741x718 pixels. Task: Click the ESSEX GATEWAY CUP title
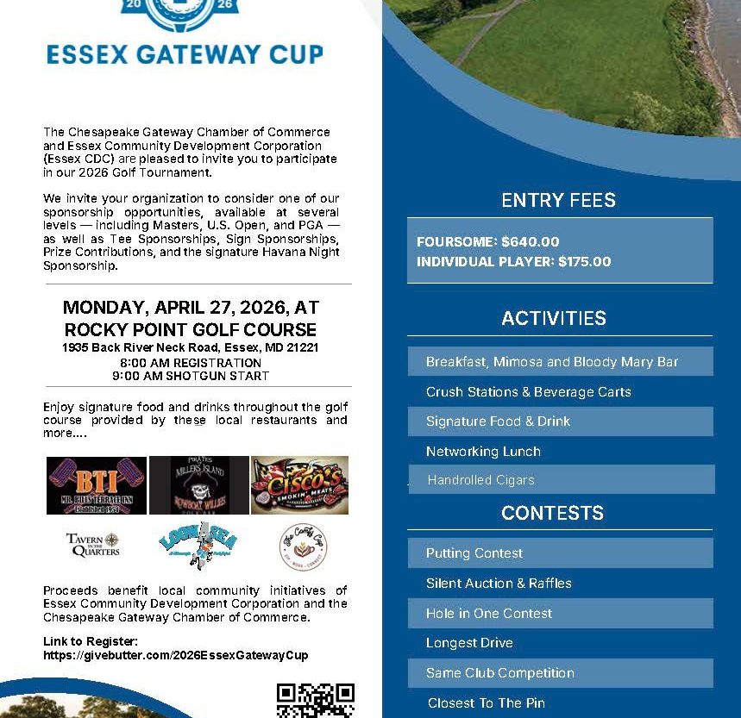[x=185, y=53]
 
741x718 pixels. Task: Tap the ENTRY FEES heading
[x=558, y=200]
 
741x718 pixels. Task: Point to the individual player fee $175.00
[x=584, y=261]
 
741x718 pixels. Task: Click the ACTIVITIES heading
[x=554, y=318]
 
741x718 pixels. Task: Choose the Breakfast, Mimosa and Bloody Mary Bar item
[x=552, y=362]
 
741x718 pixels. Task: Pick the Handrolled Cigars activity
[x=480, y=480]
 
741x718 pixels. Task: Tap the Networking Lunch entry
[x=483, y=451]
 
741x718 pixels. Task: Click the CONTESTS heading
[x=552, y=513]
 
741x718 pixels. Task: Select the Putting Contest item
[x=474, y=553]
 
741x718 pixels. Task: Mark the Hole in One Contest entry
[x=489, y=613]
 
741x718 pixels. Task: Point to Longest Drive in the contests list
[x=469, y=643]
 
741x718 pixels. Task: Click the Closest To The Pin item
[x=487, y=702]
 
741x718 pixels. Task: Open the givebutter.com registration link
[x=175, y=655]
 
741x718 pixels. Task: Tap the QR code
[x=316, y=700]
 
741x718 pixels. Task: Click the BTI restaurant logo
[x=96, y=485]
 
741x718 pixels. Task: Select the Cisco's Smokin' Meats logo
[x=299, y=485]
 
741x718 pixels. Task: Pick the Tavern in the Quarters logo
[x=93, y=545]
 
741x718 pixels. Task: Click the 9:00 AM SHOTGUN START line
[x=191, y=376]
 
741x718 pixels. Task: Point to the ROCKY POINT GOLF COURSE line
[x=191, y=330]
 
